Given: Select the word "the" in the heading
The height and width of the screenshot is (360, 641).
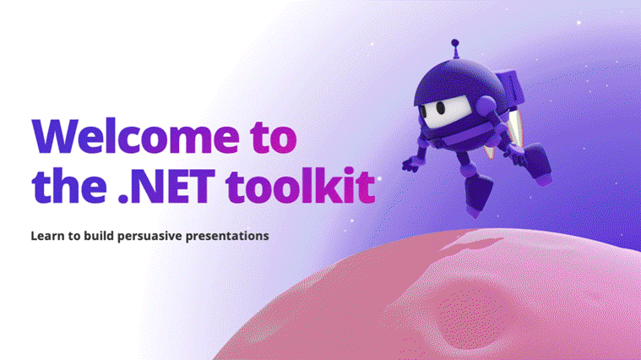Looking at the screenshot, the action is click(x=69, y=185).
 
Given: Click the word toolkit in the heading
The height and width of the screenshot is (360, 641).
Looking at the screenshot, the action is click(x=301, y=185).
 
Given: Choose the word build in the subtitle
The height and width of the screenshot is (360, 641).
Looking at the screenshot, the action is click(x=99, y=236).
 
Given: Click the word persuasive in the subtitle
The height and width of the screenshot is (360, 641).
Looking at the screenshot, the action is click(x=149, y=237).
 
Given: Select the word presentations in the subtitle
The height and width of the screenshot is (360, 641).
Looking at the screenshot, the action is click(x=227, y=237).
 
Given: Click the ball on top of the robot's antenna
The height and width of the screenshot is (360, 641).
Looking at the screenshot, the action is click(x=455, y=42).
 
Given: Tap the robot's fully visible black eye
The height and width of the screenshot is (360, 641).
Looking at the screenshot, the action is click(x=440, y=107).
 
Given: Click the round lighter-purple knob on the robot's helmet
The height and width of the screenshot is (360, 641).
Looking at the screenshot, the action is click(x=486, y=105).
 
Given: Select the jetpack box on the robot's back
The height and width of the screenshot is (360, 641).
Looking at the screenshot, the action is click(x=510, y=87).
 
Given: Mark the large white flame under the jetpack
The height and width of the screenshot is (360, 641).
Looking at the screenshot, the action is click(x=514, y=128).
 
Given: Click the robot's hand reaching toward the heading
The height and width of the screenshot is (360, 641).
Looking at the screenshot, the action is click(x=411, y=164).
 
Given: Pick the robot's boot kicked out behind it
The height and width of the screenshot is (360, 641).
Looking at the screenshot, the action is click(x=537, y=164).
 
